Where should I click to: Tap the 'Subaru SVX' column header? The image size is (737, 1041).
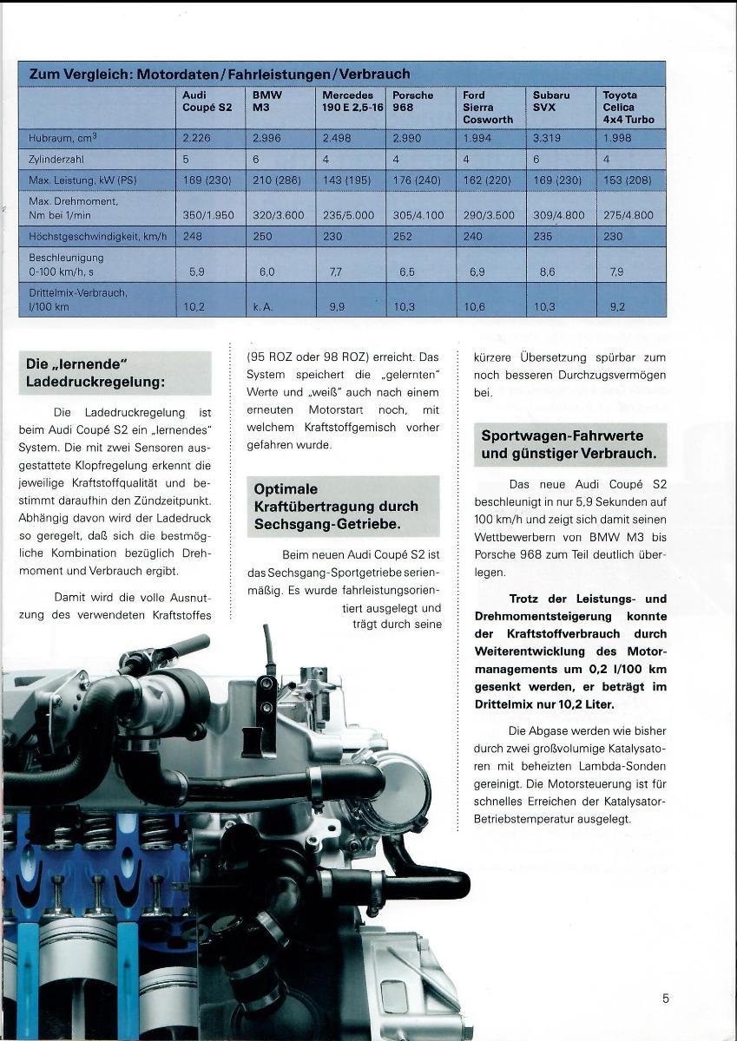click(x=551, y=101)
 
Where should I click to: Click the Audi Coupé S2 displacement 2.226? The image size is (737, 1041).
click(x=196, y=137)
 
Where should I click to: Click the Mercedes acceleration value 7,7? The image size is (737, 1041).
click(x=336, y=272)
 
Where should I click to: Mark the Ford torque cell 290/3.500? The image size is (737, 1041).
click(x=489, y=215)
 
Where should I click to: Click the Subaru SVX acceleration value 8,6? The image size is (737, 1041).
click(x=547, y=272)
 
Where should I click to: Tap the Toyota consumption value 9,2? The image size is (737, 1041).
click(x=616, y=306)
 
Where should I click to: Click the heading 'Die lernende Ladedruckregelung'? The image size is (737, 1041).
click(x=115, y=372)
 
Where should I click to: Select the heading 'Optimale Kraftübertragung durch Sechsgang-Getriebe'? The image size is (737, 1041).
click(x=336, y=507)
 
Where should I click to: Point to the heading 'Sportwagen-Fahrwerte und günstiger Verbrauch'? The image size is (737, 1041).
click(x=569, y=444)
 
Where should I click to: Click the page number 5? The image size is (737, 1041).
click(x=666, y=998)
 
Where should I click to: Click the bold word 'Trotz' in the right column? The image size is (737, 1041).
click(x=531, y=599)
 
